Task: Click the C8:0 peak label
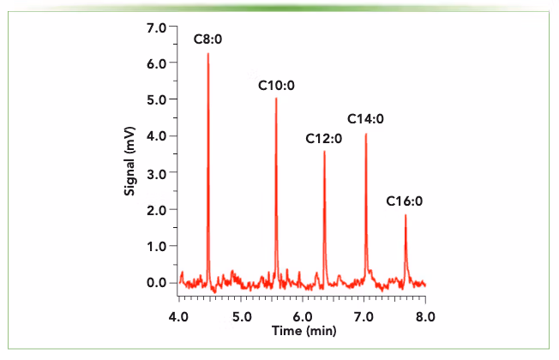click(x=207, y=39)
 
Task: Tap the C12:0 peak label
click(x=324, y=138)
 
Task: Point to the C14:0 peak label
click(x=365, y=118)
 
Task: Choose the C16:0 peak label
click(x=405, y=201)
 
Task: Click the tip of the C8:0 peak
click(x=208, y=54)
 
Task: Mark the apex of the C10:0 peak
click(x=276, y=99)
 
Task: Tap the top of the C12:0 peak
click(x=324, y=152)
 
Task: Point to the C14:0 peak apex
click(x=366, y=134)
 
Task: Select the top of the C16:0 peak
click(x=406, y=215)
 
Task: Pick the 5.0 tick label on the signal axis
click(x=156, y=99)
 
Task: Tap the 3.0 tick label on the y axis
click(x=156, y=172)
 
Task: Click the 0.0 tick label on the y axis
click(x=156, y=282)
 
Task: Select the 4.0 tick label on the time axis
click(x=178, y=316)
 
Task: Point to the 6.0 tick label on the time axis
click(x=302, y=316)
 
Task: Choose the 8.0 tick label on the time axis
click(x=425, y=316)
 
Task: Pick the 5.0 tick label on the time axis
click(x=240, y=316)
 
